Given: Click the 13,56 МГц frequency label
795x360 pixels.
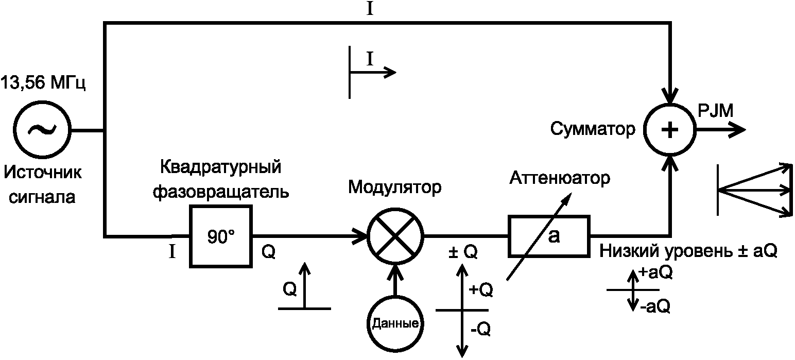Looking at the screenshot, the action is [43, 83].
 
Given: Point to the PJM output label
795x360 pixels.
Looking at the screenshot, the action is [716, 111].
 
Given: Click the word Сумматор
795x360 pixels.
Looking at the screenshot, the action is [593, 129].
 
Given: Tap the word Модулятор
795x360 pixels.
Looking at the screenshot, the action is [394, 187].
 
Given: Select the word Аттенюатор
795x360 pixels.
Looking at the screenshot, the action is [560, 178].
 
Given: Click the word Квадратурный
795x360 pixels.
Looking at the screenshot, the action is [220, 167].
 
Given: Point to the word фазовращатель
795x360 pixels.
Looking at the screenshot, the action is [221, 192].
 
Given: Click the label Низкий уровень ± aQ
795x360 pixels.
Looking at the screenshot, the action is [688, 251].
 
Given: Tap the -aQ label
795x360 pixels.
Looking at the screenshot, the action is [655, 306].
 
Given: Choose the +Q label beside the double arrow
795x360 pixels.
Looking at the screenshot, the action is [481, 290].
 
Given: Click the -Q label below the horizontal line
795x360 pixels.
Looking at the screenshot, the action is [480, 329].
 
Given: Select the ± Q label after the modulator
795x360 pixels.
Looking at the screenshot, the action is [463, 252].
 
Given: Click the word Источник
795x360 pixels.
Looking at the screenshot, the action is [43, 173].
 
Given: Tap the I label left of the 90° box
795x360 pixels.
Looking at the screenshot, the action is [172, 252].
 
